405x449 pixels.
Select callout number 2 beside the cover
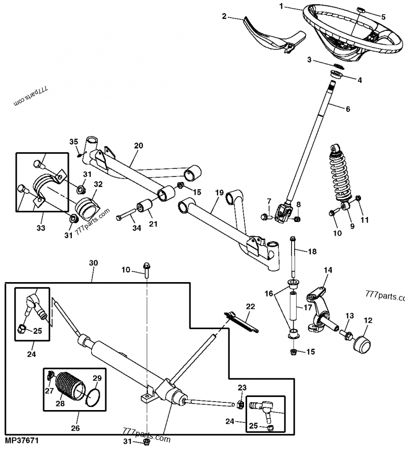pyautogui.click(x=224, y=16)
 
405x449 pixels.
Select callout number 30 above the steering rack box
pyautogui.click(x=93, y=263)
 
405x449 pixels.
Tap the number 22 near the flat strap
pyautogui.click(x=251, y=306)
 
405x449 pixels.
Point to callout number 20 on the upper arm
pyautogui.click(x=138, y=146)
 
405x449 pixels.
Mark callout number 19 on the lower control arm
pyautogui.click(x=219, y=193)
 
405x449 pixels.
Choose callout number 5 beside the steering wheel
pyautogui.click(x=383, y=17)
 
